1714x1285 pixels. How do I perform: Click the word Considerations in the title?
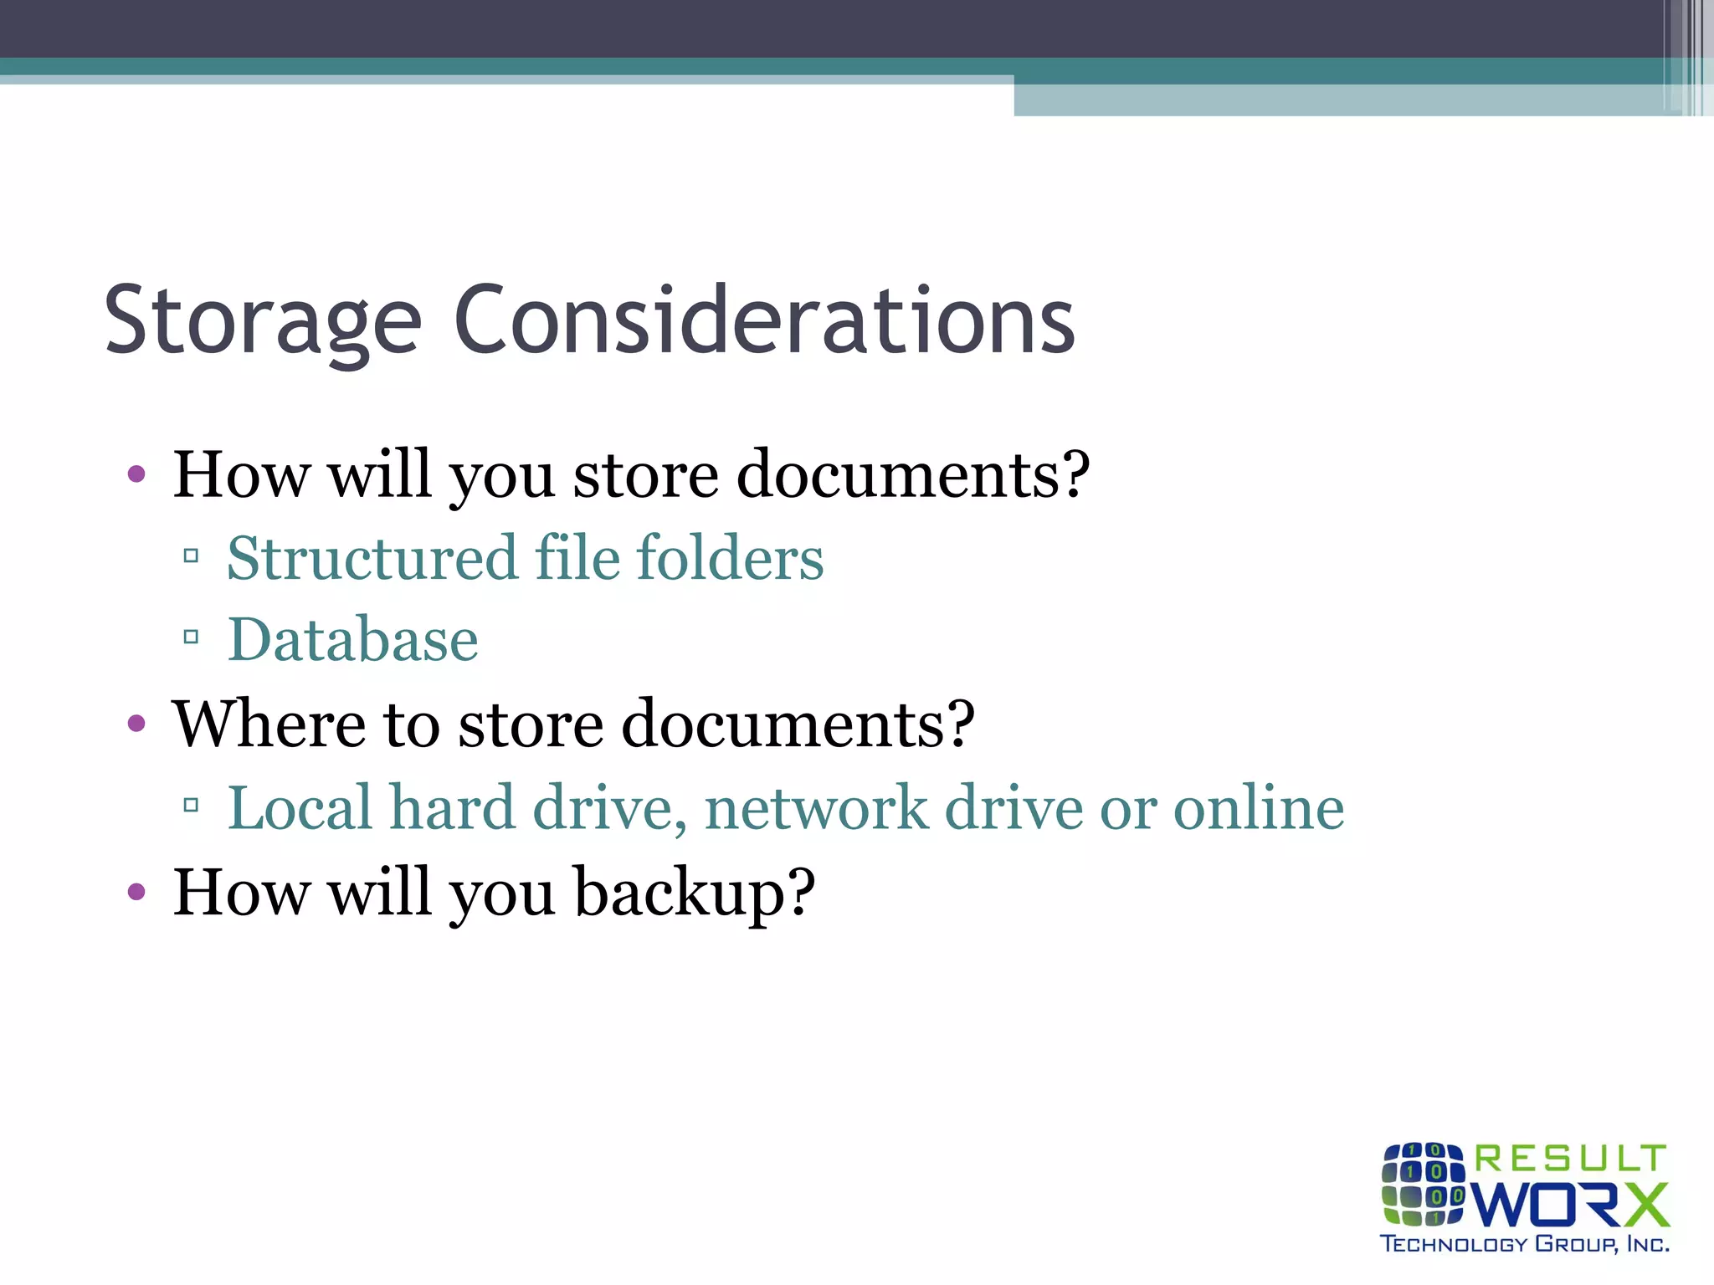click(763, 320)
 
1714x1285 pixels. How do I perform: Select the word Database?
click(353, 640)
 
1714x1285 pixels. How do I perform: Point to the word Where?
click(268, 724)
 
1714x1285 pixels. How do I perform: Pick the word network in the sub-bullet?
click(816, 808)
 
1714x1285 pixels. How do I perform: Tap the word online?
click(1259, 808)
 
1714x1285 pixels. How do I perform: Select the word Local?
click(300, 808)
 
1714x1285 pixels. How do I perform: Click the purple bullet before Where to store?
click(136, 724)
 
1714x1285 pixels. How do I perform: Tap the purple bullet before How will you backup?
click(136, 893)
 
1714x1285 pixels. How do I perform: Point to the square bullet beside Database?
click(191, 637)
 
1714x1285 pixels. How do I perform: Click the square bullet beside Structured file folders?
click(191, 555)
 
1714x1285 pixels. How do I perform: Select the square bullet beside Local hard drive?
click(191, 806)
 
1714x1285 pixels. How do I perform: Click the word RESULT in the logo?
click(1570, 1159)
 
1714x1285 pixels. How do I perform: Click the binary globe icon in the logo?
click(1423, 1183)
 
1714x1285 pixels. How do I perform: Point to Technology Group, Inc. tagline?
click(1524, 1244)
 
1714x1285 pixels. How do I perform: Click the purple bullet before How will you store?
click(136, 475)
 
